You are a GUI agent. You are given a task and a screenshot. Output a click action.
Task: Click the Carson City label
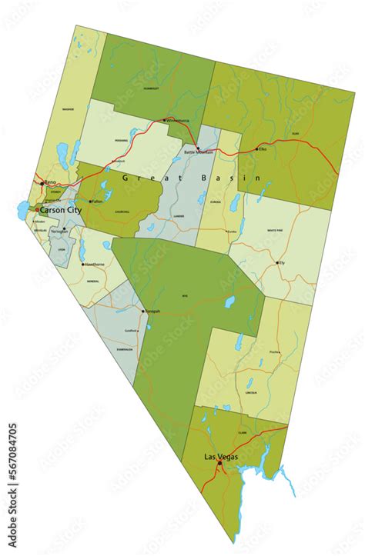coord(62,209)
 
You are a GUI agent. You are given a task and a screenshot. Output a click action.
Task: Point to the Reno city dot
coord(42,184)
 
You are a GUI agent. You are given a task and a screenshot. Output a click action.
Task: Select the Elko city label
coord(263,148)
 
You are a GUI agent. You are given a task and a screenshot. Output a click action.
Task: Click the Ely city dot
coord(278,263)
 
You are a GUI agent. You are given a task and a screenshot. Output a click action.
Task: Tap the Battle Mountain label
coord(199,153)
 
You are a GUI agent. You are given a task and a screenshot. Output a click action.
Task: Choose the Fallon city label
coord(97,201)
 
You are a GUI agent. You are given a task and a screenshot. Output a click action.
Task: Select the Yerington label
coord(59,231)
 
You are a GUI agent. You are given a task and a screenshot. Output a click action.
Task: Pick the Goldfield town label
coord(131,331)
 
